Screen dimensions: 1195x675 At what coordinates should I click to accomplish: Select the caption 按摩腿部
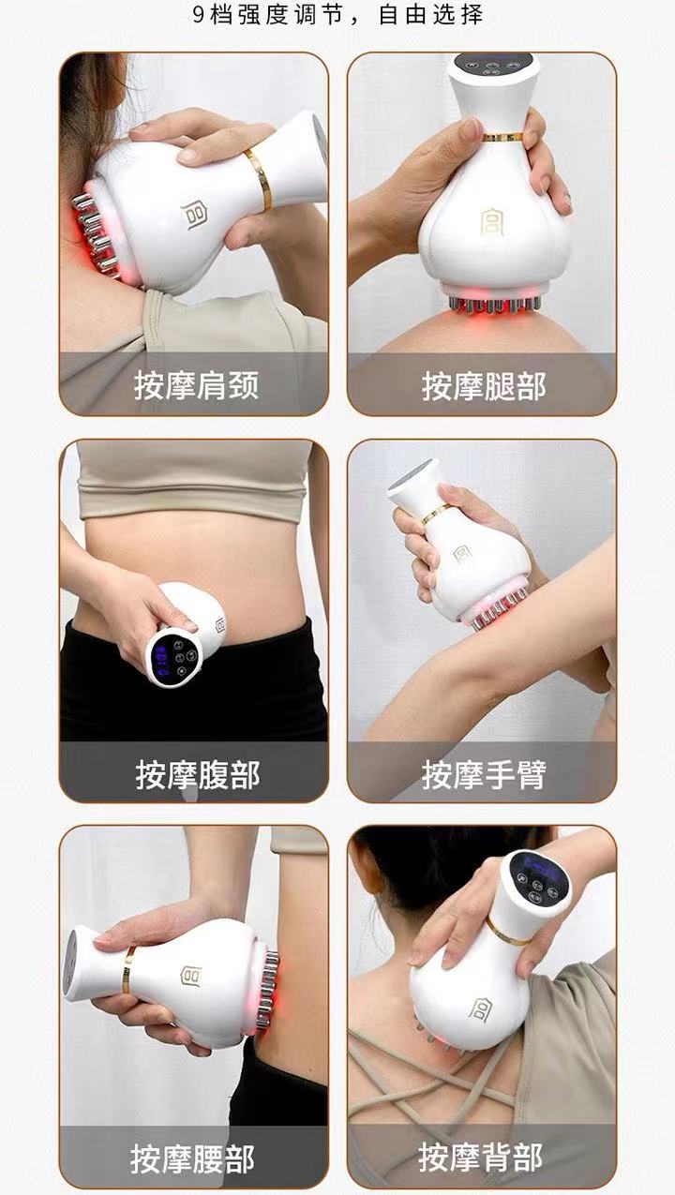(x=483, y=385)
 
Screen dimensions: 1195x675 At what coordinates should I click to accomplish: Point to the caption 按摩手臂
(x=483, y=774)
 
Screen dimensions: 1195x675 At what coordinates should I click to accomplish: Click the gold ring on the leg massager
(x=502, y=137)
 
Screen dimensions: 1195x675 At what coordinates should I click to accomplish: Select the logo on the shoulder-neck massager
(x=195, y=216)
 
